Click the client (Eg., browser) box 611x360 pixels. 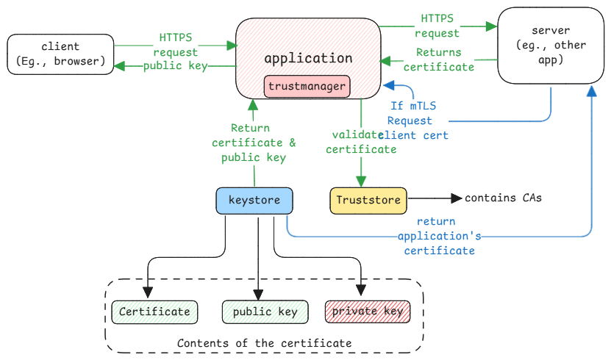point(60,54)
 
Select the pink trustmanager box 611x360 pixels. point(307,87)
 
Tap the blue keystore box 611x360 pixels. point(254,201)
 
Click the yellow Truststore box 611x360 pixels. point(368,200)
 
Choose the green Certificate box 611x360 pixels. point(154,312)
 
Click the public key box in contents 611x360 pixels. point(265,312)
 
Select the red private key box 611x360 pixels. point(367,312)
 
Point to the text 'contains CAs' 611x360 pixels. point(503,198)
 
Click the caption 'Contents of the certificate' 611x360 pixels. point(265,343)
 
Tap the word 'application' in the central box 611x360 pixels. point(308,58)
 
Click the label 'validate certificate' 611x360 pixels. point(360,142)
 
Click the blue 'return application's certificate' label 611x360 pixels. point(436,236)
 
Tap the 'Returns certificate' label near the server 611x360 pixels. point(438,60)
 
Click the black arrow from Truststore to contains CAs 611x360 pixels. point(434,198)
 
